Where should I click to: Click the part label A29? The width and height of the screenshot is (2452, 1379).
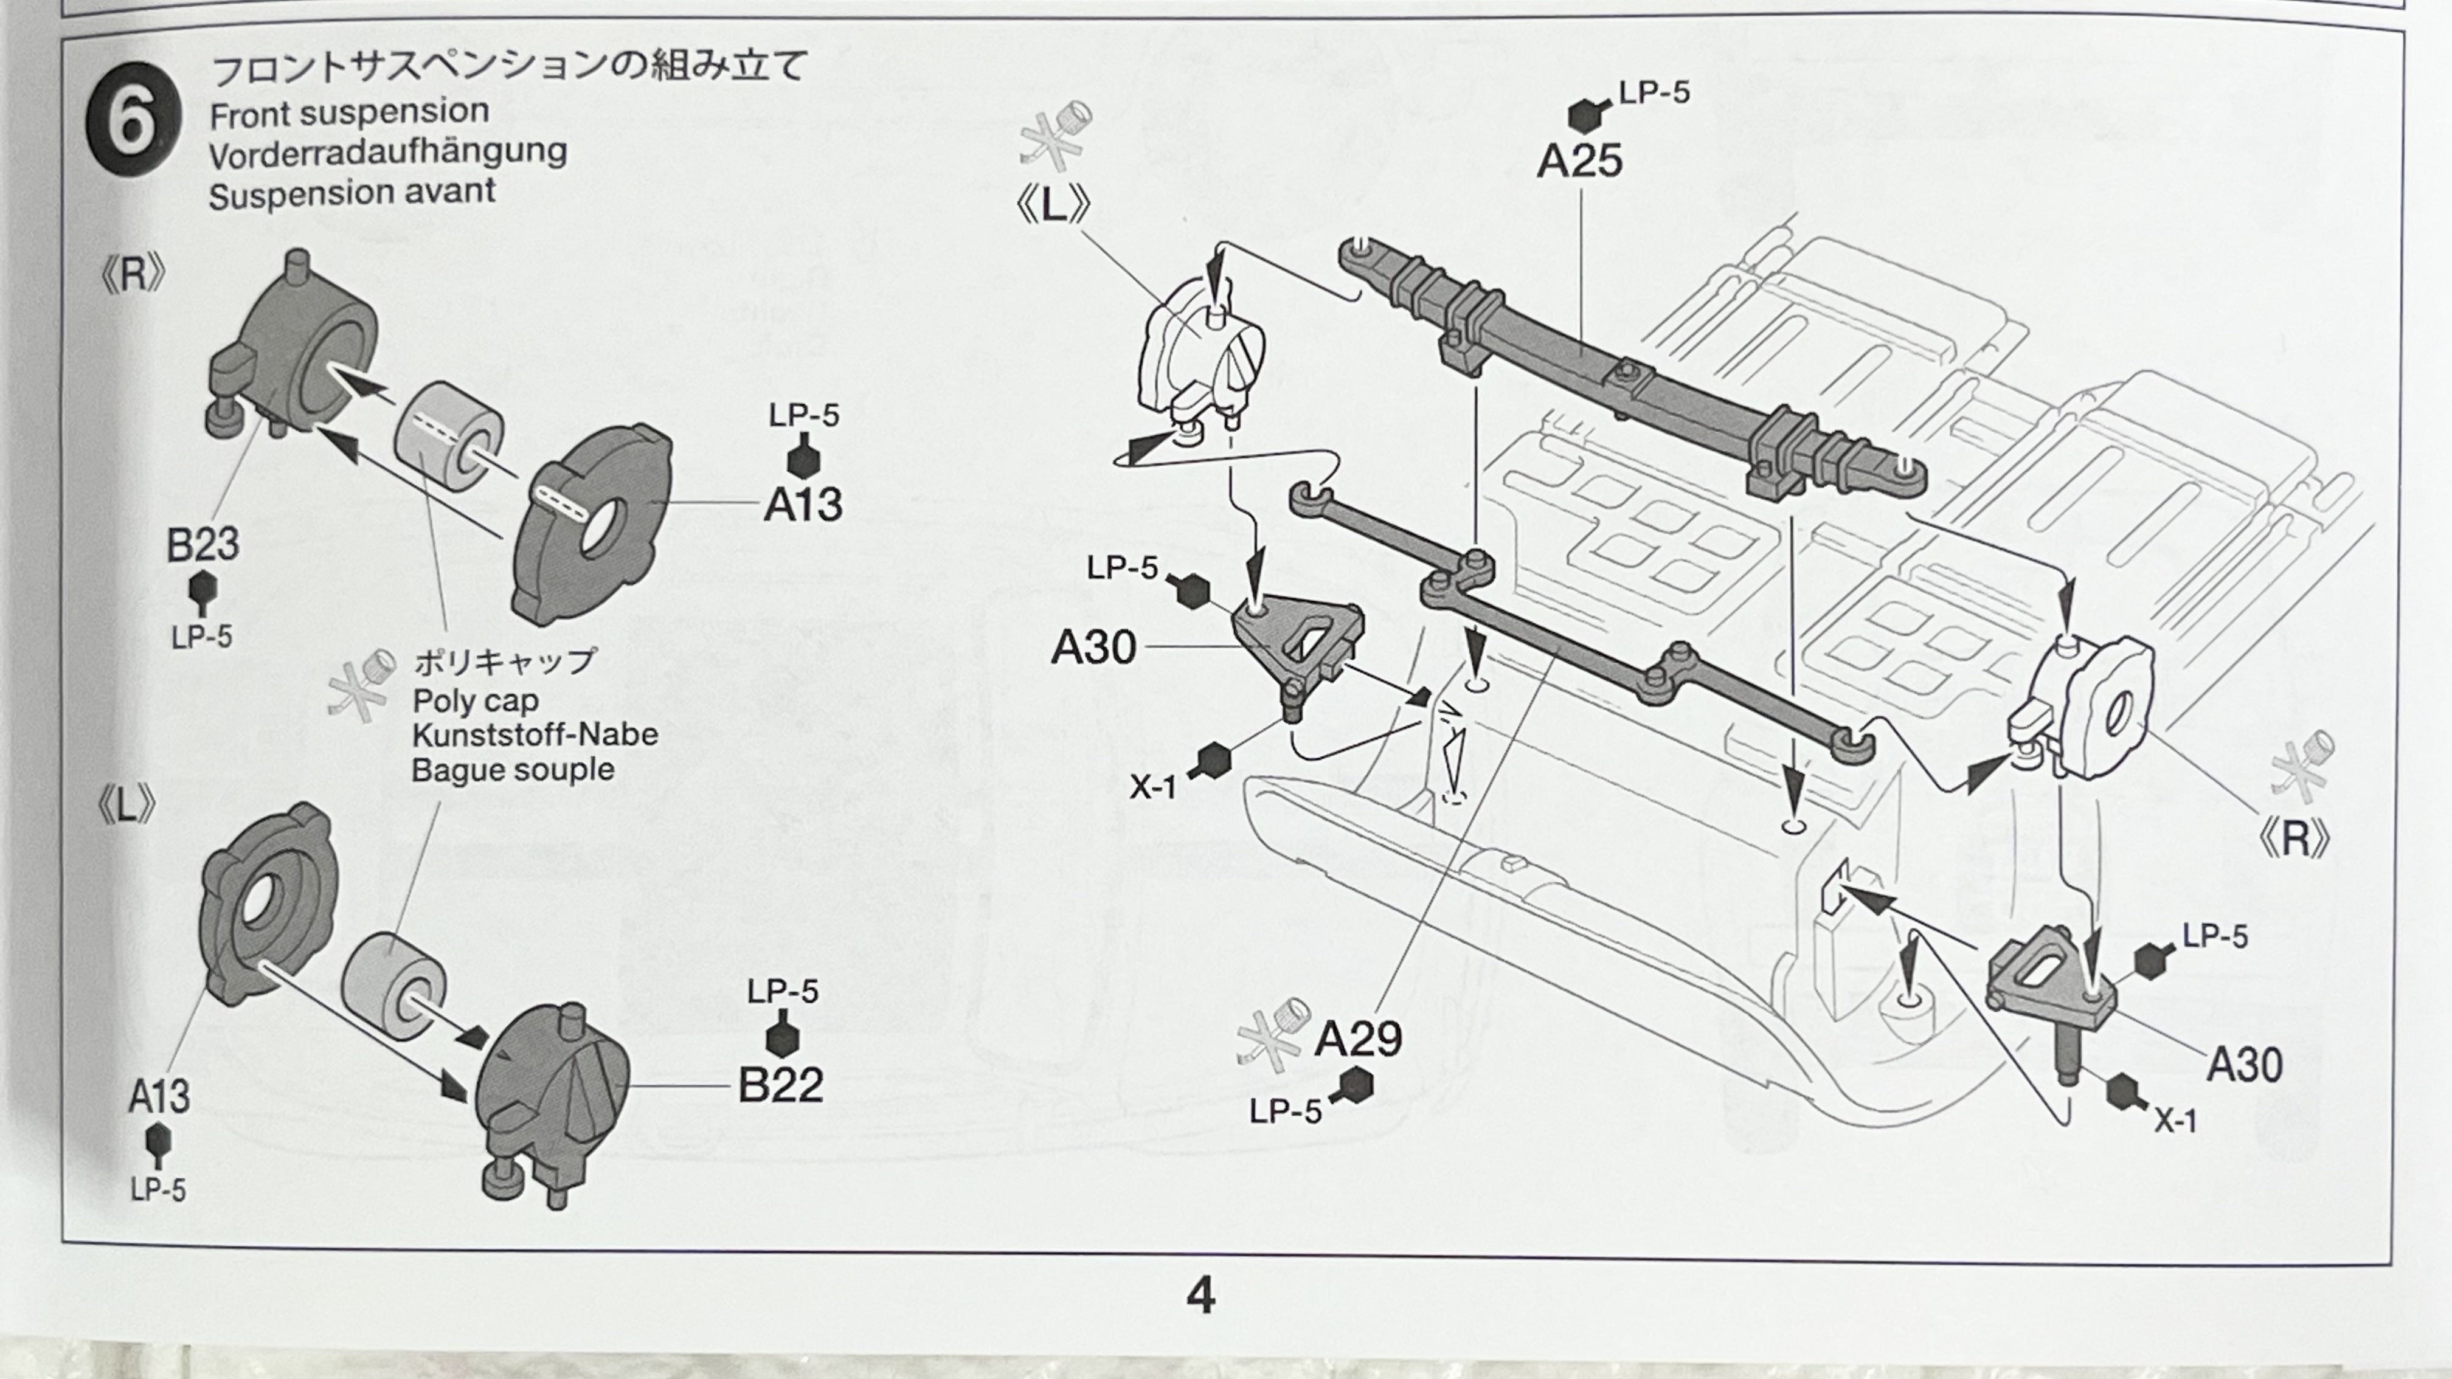[x=1359, y=1039]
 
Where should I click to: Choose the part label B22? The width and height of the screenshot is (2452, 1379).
[x=780, y=1085]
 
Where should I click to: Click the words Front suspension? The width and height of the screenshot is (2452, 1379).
[x=349, y=113]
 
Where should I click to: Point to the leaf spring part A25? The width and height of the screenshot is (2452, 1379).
[x=1618, y=371]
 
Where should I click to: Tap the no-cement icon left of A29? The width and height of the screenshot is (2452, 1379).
[x=1273, y=1032]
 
